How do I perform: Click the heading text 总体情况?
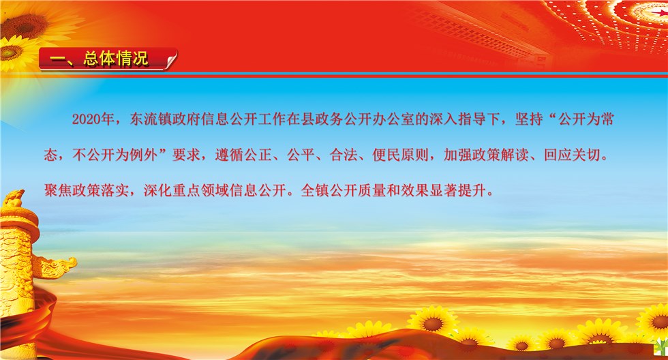116,59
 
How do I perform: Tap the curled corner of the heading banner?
171,59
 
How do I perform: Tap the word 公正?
258,155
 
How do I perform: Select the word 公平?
301,155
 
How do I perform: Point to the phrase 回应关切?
572,155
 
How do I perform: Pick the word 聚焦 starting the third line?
58,190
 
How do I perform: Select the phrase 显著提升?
457,190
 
